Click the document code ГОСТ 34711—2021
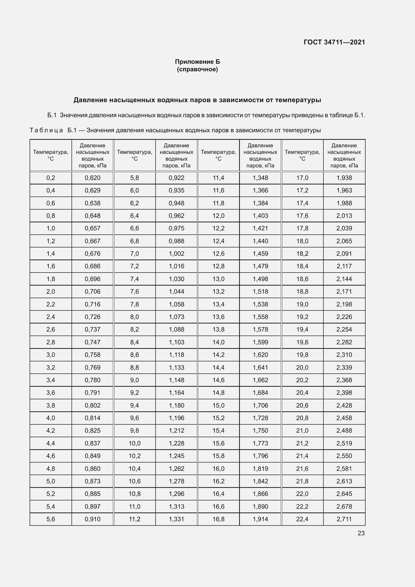coord(334,42)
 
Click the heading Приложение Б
coord(197,62)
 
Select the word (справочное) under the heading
coord(197,69)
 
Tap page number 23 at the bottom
coord(361,533)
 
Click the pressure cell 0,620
coord(93,178)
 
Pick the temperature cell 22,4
coord(302,519)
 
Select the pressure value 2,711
coord(344,519)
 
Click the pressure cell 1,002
coord(176,254)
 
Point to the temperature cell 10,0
coord(134,443)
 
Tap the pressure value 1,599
coord(260,342)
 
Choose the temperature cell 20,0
coord(302,367)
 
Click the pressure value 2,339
coord(344,367)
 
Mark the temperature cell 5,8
coord(134,178)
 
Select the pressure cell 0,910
coord(93,519)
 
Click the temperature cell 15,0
coord(218,405)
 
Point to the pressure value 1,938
coord(344,178)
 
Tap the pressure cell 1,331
coord(176,519)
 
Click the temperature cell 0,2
coord(51,178)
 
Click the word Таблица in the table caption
coord(46,131)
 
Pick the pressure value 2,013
coord(344,216)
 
